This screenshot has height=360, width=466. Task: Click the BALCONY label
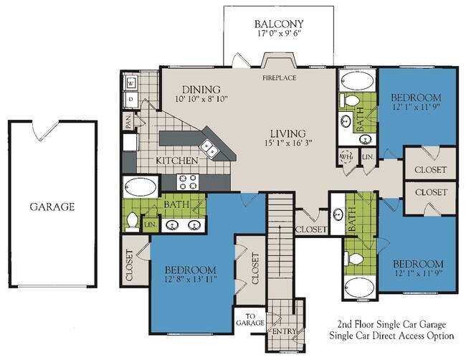(279, 24)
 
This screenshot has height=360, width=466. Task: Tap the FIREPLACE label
(280, 78)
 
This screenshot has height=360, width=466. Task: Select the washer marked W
(131, 82)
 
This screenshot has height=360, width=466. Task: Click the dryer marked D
(131, 99)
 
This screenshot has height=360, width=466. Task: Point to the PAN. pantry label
(128, 122)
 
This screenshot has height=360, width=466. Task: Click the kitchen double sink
(209, 148)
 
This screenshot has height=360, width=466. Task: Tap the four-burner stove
(188, 181)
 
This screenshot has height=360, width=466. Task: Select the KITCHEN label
(177, 161)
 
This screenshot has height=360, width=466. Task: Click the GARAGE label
(52, 207)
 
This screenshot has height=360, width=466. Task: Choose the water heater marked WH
(346, 156)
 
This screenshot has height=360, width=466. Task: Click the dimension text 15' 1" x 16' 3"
(288, 143)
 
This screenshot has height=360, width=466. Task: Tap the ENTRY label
(285, 331)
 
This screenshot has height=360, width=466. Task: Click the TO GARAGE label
(250, 320)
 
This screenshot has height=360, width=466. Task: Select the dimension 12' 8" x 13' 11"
(191, 279)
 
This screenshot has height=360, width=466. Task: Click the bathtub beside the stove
(141, 187)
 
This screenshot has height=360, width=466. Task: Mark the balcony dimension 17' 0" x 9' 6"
(280, 33)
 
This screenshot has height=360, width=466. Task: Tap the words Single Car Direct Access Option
(391, 336)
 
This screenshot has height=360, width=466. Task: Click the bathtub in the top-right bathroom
(357, 80)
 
